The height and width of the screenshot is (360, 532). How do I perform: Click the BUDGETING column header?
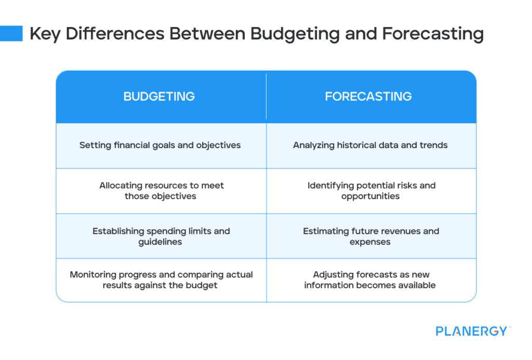(159, 97)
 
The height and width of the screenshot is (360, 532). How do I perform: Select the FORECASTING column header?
(368, 97)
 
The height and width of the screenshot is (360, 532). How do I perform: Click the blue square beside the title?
(11, 33)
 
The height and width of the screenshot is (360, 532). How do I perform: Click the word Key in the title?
(45, 34)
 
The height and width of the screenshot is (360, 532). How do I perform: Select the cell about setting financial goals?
(160, 145)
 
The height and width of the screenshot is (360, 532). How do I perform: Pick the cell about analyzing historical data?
(370, 145)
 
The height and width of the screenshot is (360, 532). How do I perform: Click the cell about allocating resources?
(161, 191)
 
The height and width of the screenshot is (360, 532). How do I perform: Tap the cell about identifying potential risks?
(371, 191)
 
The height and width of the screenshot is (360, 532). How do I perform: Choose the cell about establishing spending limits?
(161, 236)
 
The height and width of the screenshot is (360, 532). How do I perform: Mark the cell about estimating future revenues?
(371, 236)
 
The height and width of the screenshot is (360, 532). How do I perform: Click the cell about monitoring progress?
(161, 280)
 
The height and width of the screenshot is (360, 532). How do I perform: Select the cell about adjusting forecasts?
(371, 280)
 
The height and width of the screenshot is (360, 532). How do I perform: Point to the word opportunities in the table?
(370, 196)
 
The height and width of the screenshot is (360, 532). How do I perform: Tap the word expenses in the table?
(370, 242)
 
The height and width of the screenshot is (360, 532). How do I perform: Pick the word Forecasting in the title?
(432, 34)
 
